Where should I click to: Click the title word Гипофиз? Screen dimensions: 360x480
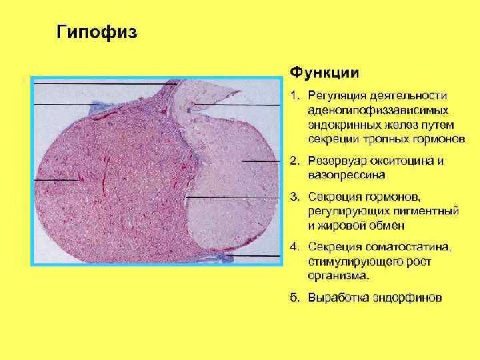pos(97,33)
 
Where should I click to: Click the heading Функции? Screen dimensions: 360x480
pos(318,71)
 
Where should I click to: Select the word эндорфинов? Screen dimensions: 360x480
pos(406,297)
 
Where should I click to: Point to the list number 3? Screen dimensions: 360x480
pos(294,196)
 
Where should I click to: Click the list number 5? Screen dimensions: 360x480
pos(294,297)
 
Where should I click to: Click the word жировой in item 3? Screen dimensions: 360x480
pos(342,224)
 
